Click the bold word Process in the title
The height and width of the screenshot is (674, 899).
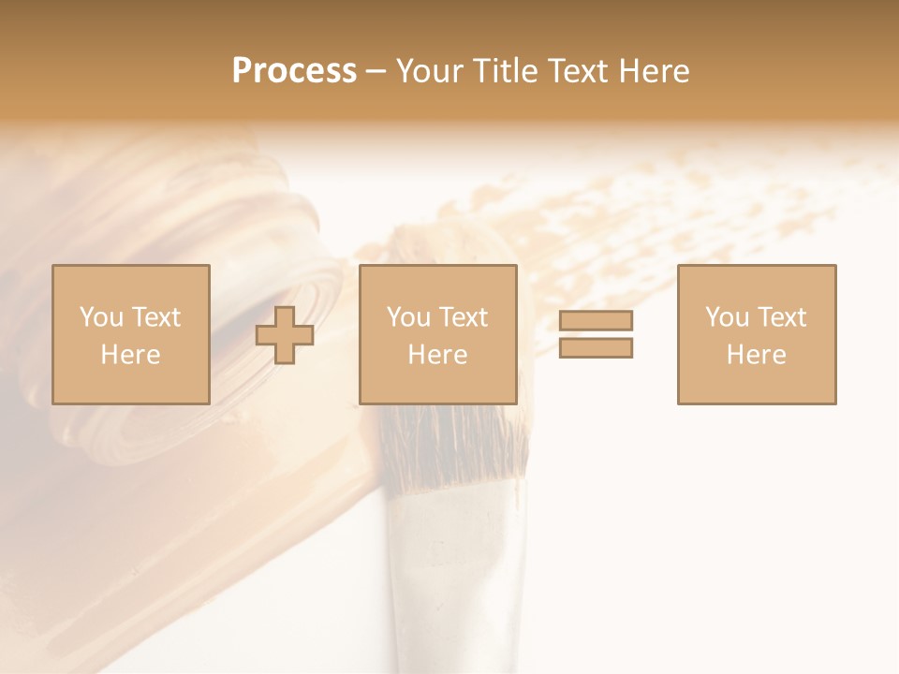[294, 70]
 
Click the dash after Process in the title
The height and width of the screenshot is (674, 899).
[376, 71]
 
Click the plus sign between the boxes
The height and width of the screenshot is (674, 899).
[285, 335]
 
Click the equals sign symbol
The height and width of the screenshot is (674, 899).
[596, 334]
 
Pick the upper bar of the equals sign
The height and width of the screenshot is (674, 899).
[596, 320]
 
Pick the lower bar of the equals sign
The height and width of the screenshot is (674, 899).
[596, 348]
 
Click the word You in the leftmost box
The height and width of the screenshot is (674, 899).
[99, 317]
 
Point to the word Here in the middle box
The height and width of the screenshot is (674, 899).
[437, 355]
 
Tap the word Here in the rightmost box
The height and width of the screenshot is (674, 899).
[756, 355]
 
